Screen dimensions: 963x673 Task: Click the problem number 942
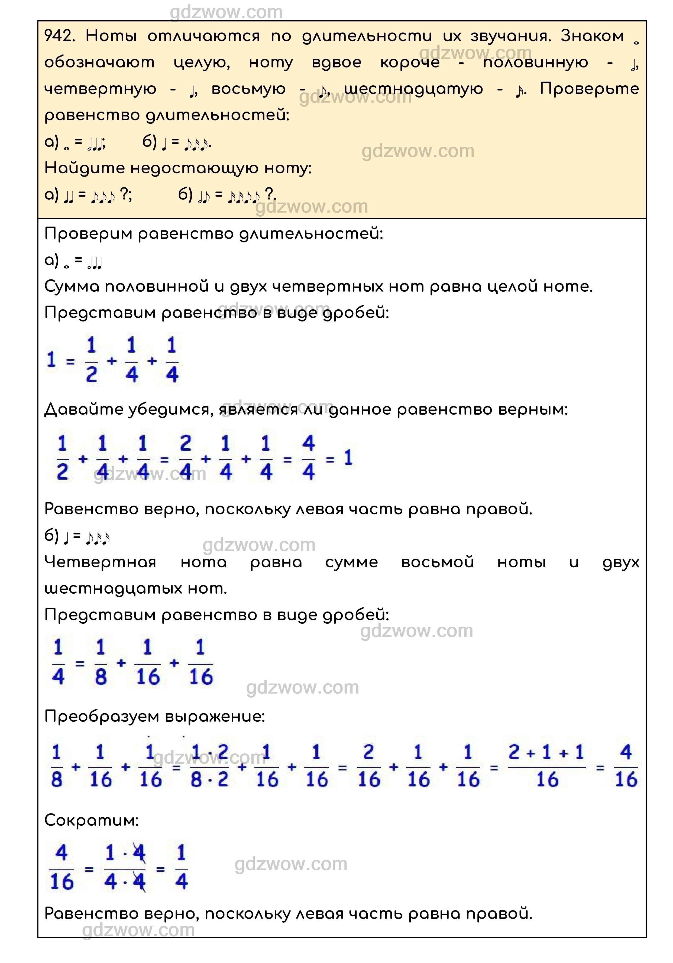tap(59, 37)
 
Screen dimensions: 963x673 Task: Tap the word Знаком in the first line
tap(592, 37)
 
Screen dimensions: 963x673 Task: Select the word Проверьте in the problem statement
tap(589, 89)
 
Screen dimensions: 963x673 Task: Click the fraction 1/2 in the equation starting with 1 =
tap(92, 360)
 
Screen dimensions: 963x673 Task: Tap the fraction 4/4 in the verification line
tap(308, 458)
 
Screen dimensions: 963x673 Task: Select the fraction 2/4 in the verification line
tap(185, 458)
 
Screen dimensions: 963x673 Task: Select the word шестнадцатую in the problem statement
tap(413, 89)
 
